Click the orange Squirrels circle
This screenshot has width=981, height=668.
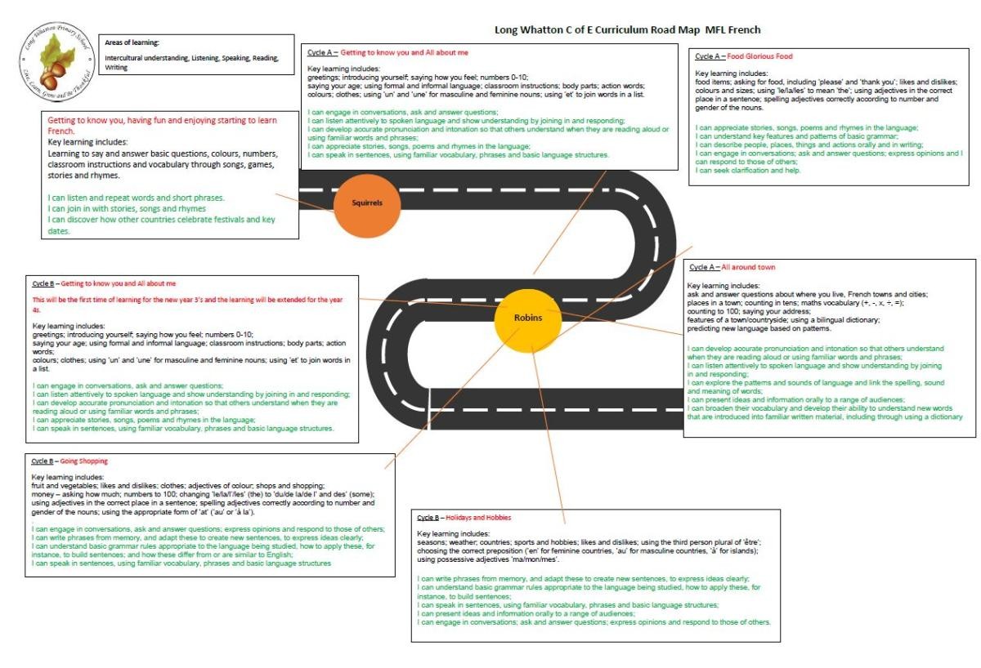[366, 204]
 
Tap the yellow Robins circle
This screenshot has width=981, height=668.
[527, 318]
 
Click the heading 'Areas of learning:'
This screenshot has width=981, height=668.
[132, 42]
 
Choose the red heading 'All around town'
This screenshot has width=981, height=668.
[748, 267]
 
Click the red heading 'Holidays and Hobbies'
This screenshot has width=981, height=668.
[478, 518]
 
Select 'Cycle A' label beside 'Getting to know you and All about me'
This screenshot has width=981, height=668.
[321, 52]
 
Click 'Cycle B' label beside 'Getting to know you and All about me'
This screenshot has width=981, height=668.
[43, 283]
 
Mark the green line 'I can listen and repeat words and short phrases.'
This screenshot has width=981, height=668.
[136, 198]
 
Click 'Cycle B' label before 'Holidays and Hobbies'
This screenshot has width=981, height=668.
[428, 518]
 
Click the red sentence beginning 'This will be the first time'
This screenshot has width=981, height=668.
[187, 300]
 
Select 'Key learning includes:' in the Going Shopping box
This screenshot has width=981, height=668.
[68, 477]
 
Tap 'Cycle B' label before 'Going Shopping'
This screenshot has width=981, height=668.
[43, 461]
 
